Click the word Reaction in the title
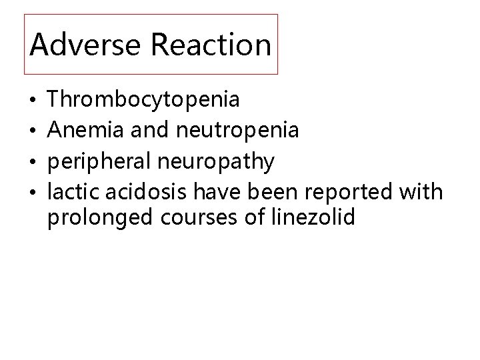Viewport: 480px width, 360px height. click(211, 45)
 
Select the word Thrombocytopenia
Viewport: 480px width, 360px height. click(145, 101)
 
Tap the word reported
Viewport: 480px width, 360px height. click(353, 193)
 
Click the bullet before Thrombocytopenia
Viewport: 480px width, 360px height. click(33, 102)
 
